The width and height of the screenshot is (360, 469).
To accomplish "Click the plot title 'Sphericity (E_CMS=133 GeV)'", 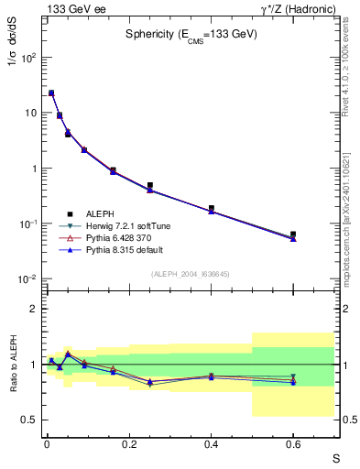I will click(191, 34).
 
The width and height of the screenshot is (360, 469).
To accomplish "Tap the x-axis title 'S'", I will click(336, 457).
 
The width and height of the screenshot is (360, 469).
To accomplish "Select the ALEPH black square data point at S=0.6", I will click(293, 234).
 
